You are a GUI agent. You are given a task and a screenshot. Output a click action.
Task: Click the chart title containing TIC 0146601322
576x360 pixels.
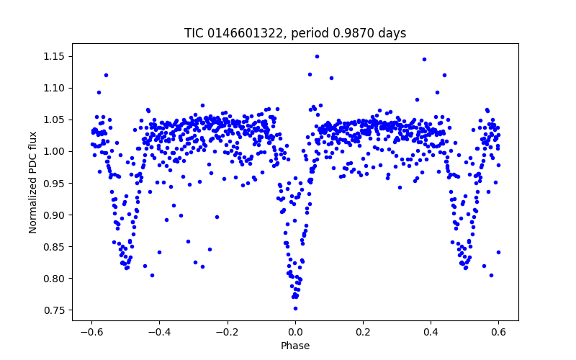click(295, 33)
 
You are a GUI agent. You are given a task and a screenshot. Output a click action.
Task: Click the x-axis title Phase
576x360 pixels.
click(295, 346)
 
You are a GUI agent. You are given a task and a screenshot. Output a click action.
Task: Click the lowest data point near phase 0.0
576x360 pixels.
click(295, 308)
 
